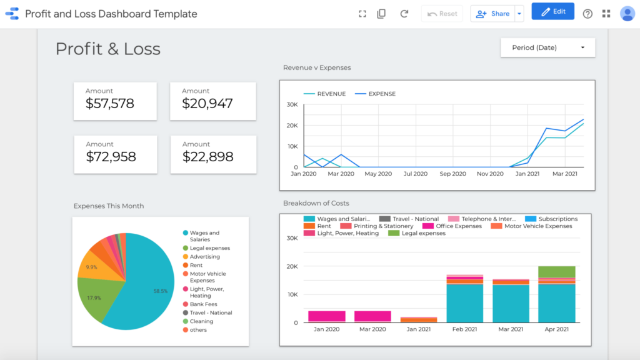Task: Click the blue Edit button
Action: [x=552, y=11]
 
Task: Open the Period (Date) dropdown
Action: [x=547, y=47]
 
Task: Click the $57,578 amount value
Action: [x=110, y=104]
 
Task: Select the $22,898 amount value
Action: [x=207, y=157]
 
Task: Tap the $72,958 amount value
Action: [x=111, y=157]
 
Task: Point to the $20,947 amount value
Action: [x=207, y=104]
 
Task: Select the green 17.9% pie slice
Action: [x=92, y=297]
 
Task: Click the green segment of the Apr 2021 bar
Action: [x=556, y=271]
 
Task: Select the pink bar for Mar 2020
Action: [x=372, y=316]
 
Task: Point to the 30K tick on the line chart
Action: [x=291, y=104]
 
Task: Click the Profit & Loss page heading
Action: [x=108, y=49]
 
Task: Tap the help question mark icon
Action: [x=587, y=14]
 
